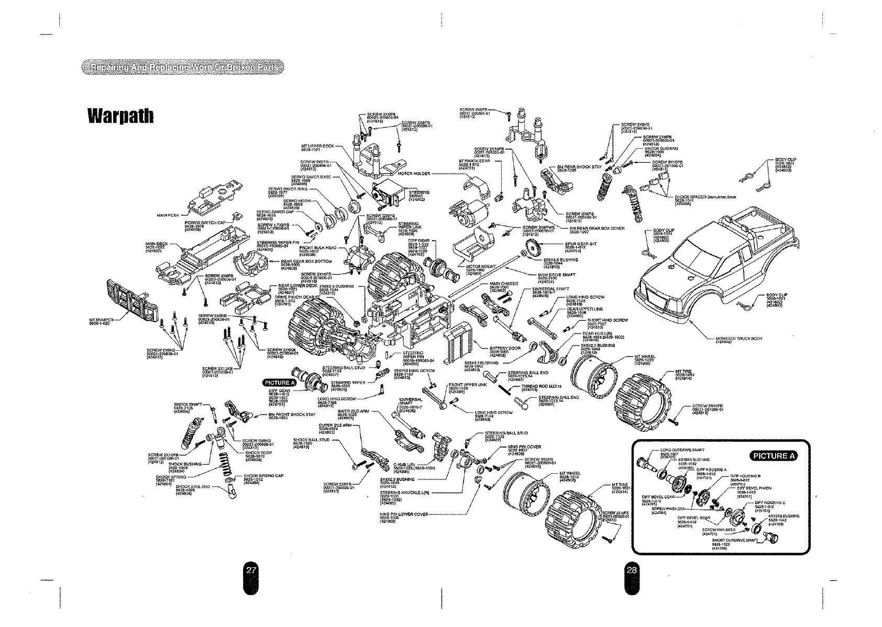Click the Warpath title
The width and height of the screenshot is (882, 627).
coord(120,115)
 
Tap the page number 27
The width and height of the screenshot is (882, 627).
coord(251,570)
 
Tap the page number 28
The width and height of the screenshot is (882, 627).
coord(632,570)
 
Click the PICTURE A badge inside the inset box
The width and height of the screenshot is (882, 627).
coord(773,455)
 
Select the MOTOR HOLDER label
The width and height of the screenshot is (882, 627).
coord(414,173)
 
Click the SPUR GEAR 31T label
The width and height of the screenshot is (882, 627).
coord(581,244)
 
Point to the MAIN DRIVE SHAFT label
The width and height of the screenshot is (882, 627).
coord(557,274)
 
